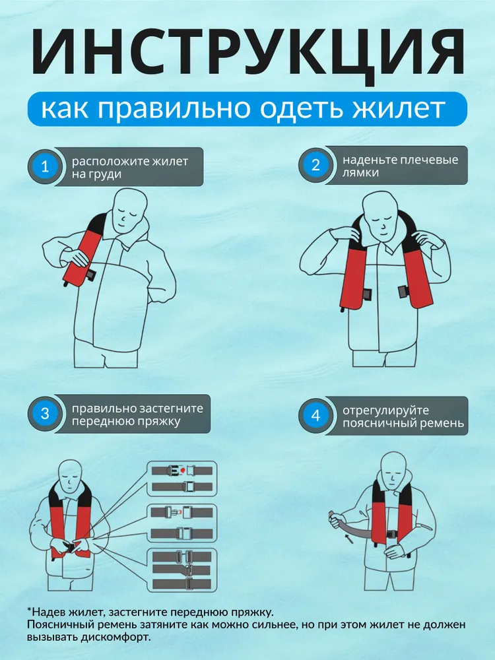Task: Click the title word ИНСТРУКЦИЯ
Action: click(x=248, y=53)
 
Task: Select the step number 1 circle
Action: click(x=45, y=166)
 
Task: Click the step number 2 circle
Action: click(x=315, y=165)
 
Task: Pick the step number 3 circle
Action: click(x=45, y=413)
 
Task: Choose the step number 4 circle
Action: click(x=315, y=415)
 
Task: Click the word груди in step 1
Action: click(x=106, y=175)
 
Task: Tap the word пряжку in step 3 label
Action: click(x=160, y=421)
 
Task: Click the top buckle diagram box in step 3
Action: click(x=182, y=478)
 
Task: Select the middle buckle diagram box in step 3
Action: click(x=182, y=523)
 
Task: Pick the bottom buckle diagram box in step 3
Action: click(x=182, y=570)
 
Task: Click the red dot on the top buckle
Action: click(x=182, y=469)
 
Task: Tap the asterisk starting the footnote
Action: click(x=29, y=609)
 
